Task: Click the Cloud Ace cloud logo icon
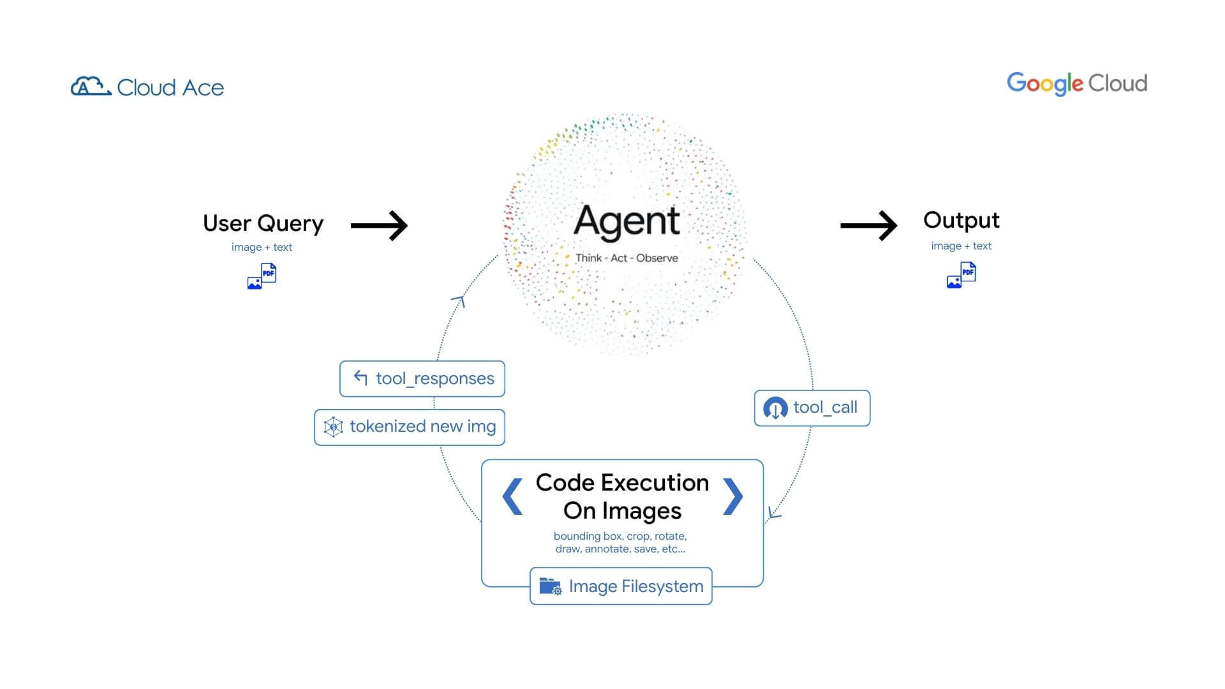tap(91, 86)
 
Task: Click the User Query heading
tap(263, 223)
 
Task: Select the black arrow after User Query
tap(379, 225)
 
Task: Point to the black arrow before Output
tap(868, 225)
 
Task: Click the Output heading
tap(961, 220)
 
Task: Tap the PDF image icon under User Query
tap(262, 276)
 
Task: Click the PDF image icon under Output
tap(961, 275)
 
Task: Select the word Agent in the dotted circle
tap(627, 221)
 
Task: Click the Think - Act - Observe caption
tap(627, 258)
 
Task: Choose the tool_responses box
tap(422, 378)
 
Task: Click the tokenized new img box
tap(410, 427)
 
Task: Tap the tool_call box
tap(812, 408)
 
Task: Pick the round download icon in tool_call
tap(775, 408)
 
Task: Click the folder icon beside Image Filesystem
tap(550, 586)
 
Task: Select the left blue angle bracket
tap(513, 496)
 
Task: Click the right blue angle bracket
tap(732, 496)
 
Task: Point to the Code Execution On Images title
tap(622, 496)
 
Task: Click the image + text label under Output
tap(961, 246)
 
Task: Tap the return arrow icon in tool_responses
tap(360, 378)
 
